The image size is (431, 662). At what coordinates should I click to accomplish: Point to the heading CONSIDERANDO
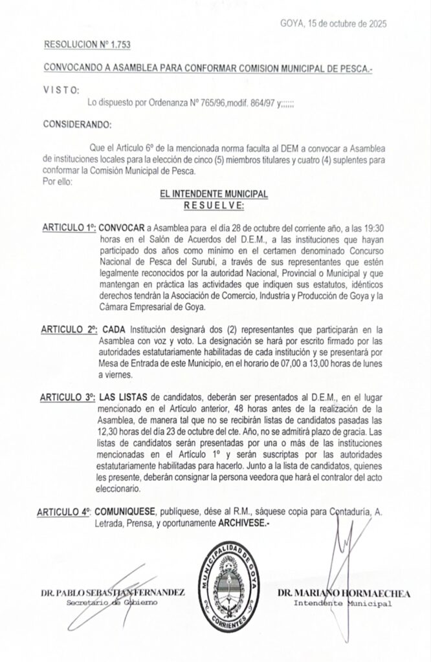coord(77,123)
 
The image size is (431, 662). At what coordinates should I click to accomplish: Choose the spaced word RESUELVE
coord(214,205)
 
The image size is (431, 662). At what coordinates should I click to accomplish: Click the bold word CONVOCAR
coord(122,228)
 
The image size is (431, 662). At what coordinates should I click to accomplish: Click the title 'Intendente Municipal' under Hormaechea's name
coord(342,604)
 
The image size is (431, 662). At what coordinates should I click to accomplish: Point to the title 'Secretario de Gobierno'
coord(112,603)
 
